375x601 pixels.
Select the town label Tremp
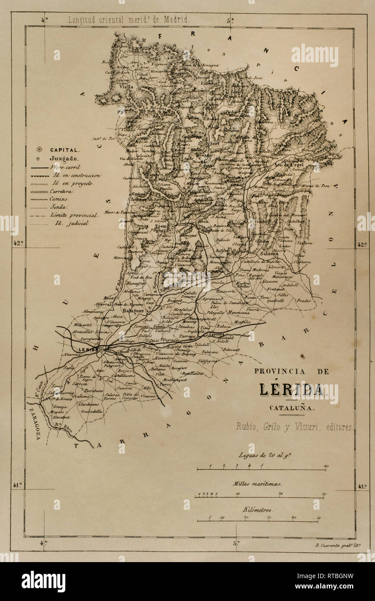[162, 226]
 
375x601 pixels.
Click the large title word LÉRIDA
[292, 390]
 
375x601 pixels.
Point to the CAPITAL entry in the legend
[64, 150]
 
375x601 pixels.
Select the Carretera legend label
[62, 191]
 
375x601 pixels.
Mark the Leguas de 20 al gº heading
[259, 455]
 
